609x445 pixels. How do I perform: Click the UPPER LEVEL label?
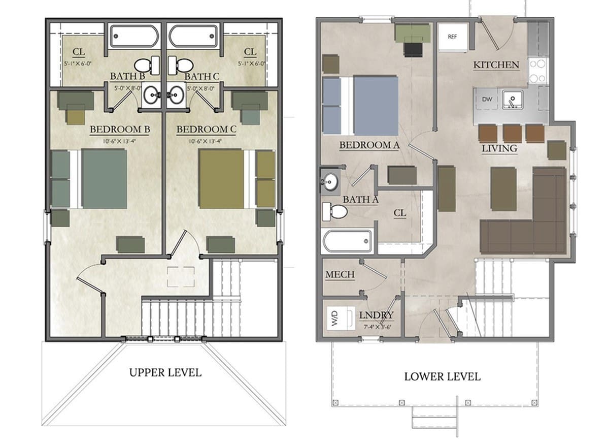click(x=165, y=372)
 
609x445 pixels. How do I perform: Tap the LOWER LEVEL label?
click(x=442, y=376)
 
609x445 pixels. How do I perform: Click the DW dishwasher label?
click(x=487, y=100)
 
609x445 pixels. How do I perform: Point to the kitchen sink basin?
click(x=512, y=99)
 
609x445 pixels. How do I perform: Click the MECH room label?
click(x=340, y=275)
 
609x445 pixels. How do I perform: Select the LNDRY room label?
click(x=376, y=315)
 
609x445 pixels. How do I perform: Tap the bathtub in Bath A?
click(x=347, y=242)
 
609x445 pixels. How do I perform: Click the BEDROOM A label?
click(x=369, y=145)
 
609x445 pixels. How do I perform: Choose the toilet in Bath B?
click(x=145, y=65)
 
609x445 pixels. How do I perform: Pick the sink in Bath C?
click(x=175, y=93)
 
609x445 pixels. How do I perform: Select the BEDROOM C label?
click(x=206, y=130)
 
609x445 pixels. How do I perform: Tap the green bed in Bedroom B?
click(x=104, y=178)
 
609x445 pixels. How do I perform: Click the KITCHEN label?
click(x=496, y=65)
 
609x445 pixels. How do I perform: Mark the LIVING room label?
click(x=499, y=148)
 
